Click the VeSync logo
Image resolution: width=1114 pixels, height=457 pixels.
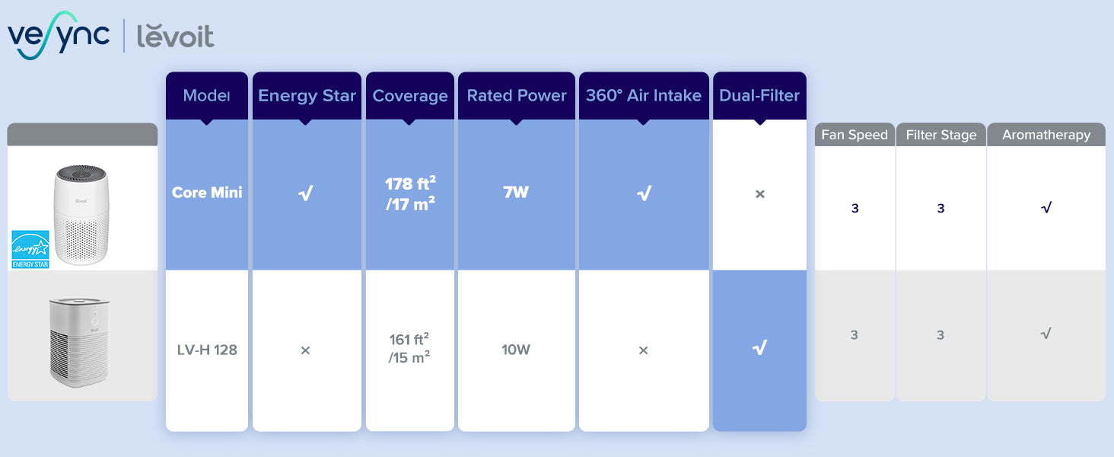point(59,35)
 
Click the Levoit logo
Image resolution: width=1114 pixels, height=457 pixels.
point(175,37)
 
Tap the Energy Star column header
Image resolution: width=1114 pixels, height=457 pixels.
point(307,95)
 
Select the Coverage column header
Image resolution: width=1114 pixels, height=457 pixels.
point(410,95)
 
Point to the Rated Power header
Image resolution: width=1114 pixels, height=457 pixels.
point(516,95)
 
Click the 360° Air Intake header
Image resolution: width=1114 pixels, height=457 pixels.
point(644,95)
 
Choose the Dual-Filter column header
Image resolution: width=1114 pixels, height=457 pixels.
point(759,95)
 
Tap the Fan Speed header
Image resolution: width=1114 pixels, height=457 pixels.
point(855,135)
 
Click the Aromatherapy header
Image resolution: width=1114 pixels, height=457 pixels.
point(1046,135)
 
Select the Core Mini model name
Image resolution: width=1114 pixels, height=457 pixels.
point(207,192)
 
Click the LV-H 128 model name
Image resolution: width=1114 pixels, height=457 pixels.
point(207,350)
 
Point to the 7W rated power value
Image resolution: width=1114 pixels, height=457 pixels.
point(516,192)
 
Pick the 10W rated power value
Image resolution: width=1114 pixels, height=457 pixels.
point(516,350)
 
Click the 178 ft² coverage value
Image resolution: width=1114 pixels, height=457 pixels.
point(410,183)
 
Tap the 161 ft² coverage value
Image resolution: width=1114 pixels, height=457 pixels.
point(409,339)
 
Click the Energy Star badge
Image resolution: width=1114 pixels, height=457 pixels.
point(30,249)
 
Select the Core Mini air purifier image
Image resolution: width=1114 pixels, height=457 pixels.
point(81,215)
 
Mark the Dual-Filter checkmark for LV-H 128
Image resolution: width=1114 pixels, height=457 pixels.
point(759,347)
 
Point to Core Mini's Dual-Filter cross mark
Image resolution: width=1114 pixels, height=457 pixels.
point(760,193)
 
